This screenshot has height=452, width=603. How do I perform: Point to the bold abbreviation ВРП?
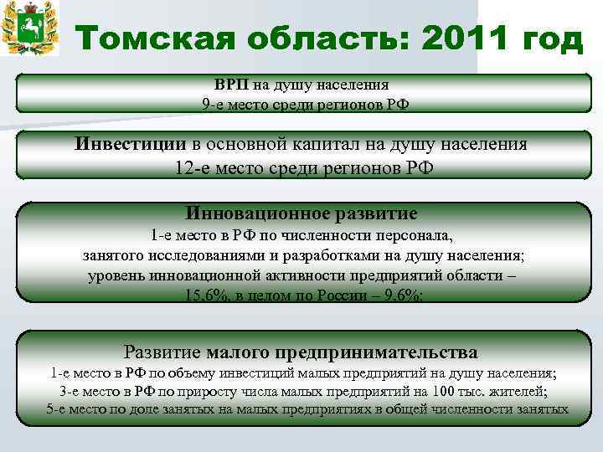click(x=229, y=85)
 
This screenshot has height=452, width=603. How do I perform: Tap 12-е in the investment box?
click(x=189, y=166)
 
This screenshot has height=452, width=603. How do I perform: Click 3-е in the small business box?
click(x=73, y=392)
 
